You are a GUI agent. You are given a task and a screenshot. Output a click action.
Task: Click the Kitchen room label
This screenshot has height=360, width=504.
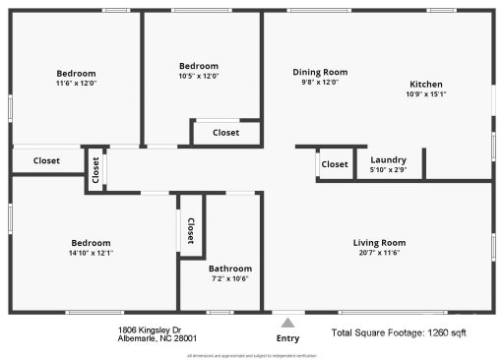(x=425, y=85)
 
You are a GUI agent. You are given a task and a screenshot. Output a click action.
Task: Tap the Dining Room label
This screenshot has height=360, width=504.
(x=320, y=72)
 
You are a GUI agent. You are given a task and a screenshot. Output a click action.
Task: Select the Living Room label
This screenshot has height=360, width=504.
(x=379, y=243)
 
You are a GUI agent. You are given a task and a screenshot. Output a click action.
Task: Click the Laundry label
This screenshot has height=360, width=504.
(x=388, y=160)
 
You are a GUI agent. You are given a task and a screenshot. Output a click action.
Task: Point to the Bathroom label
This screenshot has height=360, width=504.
(x=229, y=269)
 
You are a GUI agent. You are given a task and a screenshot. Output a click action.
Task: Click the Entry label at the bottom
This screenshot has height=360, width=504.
(x=287, y=338)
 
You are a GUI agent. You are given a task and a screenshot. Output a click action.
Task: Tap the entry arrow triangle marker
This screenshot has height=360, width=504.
(x=287, y=321)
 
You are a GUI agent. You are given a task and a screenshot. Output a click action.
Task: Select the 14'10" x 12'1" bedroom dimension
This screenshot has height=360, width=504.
(x=91, y=254)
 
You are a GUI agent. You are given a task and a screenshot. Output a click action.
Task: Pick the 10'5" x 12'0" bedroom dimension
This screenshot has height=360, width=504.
(x=198, y=77)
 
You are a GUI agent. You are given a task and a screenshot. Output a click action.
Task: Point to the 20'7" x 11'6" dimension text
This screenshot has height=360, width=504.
(x=379, y=254)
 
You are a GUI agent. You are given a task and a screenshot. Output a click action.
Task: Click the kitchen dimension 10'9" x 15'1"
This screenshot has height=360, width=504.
(x=425, y=95)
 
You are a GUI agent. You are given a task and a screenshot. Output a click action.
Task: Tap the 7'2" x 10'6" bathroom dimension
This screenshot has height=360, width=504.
(x=229, y=279)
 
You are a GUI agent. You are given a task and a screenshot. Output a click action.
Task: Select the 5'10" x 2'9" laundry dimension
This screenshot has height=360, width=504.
(x=388, y=171)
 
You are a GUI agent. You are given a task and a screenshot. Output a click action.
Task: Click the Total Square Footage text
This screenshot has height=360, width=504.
(x=399, y=334)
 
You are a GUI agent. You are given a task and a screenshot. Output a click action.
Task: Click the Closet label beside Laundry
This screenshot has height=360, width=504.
(x=335, y=164)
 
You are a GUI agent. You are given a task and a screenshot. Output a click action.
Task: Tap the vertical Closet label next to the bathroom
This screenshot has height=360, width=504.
(x=190, y=231)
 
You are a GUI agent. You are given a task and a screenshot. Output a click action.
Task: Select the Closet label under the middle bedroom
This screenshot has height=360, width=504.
(x=225, y=132)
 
